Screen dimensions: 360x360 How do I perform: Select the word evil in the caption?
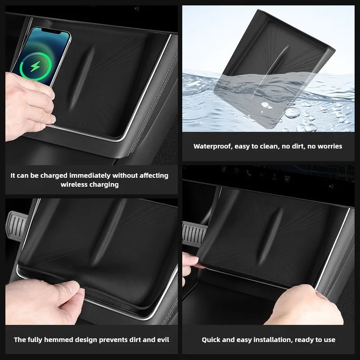pos(161,340)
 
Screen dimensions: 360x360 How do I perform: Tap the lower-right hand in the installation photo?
pos(310,306)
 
